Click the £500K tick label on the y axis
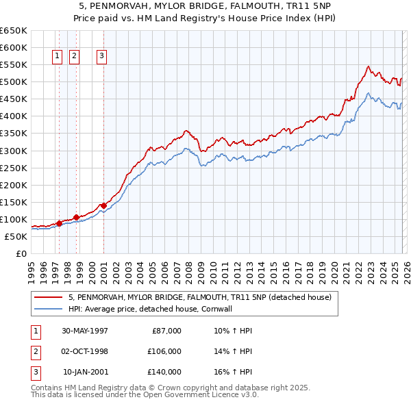pos(13,82)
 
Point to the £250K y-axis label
pos(13,168)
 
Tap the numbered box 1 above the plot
pos(56,57)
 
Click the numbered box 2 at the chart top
pos(74,57)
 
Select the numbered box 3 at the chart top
pos(101,57)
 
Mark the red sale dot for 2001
pos(103,205)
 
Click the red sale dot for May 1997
pos(60,223)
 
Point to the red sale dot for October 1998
pos(76,217)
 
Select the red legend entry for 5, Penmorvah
pos(199,297)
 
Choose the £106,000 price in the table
pos(164,351)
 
